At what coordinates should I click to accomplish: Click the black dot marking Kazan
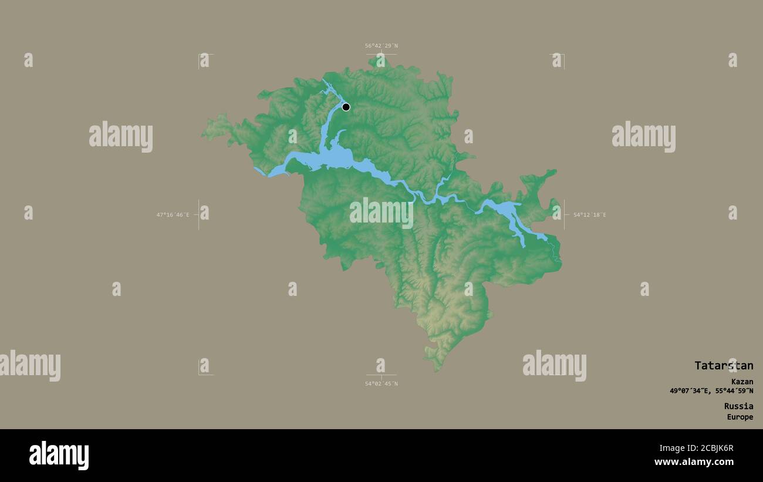click(346, 107)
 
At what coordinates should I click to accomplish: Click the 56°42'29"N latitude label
click(381, 46)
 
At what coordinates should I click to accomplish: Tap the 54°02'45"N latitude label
click(381, 384)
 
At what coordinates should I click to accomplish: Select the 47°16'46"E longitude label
click(173, 215)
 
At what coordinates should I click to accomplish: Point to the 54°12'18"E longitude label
click(589, 215)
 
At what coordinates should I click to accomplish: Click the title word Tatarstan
click(723, 366)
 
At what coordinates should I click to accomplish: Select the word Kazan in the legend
click(741, 382)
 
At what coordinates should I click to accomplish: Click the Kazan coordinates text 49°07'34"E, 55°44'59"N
click(711, 391)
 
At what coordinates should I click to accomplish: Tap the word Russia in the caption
click(738, 406)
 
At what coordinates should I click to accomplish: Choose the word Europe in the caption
click(740, 417)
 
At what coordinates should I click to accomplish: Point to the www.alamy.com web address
click(694, 462)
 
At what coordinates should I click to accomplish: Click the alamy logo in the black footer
click(59, 456)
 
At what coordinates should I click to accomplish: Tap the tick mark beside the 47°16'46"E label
click(198, 215)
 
